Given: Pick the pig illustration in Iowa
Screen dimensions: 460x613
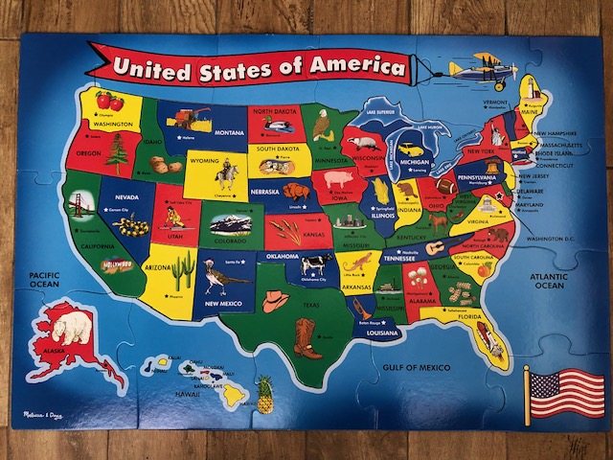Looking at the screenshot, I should click(338, 179).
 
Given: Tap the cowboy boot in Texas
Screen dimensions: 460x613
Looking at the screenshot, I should click(306, 337).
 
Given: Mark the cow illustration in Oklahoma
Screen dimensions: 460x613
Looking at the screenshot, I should click(313, 263).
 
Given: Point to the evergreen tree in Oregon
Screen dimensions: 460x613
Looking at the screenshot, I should click(118, 151).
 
